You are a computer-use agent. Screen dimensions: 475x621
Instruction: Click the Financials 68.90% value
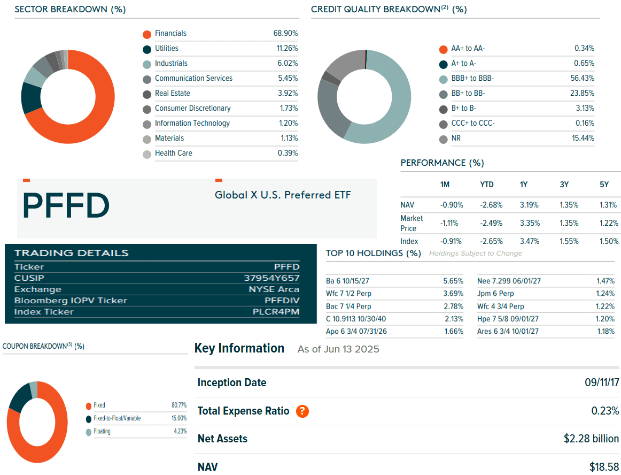click(x=285, y=33)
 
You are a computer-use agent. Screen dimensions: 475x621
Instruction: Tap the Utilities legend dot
click(x=147, y=49)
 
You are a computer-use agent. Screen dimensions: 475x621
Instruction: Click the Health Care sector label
click(x=173, y=153)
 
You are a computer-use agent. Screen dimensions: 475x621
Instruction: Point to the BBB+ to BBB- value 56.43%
click(x=582, y=78)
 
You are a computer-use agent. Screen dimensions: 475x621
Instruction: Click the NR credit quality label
click(x=456, y=138)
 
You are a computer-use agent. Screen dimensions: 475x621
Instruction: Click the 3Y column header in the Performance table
click(x=564, y=185)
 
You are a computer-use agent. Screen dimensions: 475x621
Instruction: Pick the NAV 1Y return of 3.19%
click(x=530, y=205)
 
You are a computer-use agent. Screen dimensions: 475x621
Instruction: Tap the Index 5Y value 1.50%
click(x=609, y=241)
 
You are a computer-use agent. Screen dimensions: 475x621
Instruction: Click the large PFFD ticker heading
click(x=66, y=205)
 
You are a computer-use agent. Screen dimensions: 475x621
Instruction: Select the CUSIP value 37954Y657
click(x=271, y=278)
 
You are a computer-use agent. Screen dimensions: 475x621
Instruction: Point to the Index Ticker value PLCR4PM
click(x=276, y=312)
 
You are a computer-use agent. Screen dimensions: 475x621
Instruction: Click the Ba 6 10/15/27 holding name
click(x=347, y=281)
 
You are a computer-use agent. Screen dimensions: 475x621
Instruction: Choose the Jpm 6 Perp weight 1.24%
click(x=606, y=293)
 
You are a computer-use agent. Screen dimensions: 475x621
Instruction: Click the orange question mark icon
click(x=302, y=411)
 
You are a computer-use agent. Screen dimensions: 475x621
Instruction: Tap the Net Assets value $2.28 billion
click(x=591, y=439)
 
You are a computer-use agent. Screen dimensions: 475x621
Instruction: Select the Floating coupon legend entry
click(x=102, y=431)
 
